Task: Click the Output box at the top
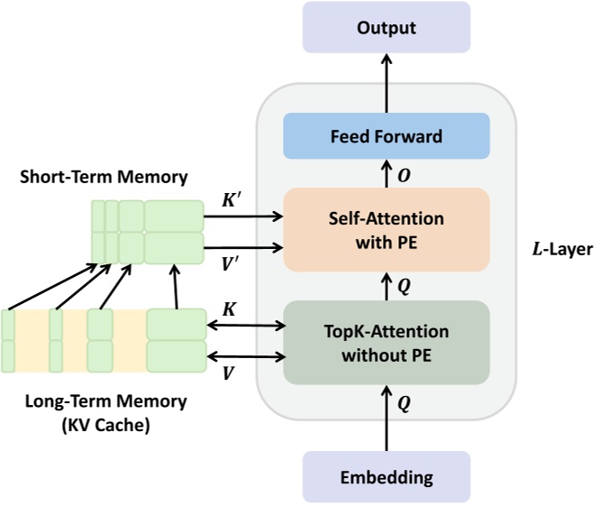[386, 27]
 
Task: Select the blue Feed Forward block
[386, 137]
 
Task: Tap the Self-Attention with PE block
[386, 229]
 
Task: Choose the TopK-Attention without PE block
[386, 343]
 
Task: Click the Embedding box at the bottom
[386, 477]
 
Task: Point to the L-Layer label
[560, 248]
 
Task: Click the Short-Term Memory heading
[104, 177]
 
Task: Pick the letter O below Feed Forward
[405, 174]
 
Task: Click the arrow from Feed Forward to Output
[386, 81]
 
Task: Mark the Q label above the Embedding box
[404, 405]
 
